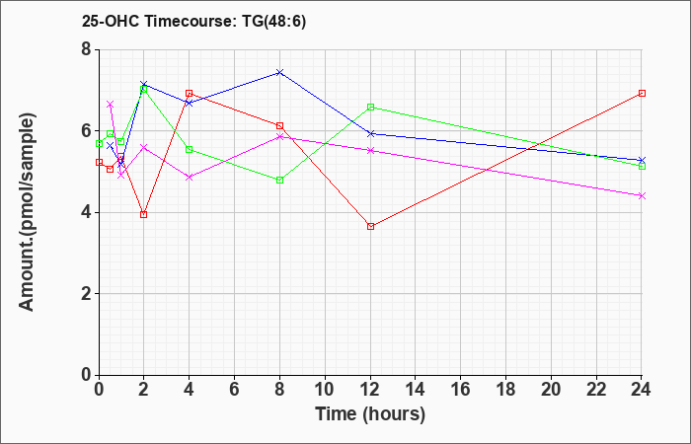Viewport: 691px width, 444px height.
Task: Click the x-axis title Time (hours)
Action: point(370,413)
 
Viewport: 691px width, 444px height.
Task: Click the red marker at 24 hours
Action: point(642,93)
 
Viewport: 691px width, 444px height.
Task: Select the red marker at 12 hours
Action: point(370,226)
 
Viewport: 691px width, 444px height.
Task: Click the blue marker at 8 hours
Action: point(280,72)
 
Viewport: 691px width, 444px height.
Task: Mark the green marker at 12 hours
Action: point(370,107)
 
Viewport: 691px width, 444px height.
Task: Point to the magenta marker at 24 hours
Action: point(642,195)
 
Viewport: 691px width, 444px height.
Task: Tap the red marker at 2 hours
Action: point(144,214)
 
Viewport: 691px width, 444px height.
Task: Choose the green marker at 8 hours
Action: point(280,180)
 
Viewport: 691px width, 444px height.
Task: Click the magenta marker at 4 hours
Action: point(190,177)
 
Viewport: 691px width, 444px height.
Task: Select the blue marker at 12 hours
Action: point(370,133)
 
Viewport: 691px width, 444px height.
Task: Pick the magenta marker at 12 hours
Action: point(370,150)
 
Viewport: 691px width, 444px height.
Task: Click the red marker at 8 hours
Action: point(280,125)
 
